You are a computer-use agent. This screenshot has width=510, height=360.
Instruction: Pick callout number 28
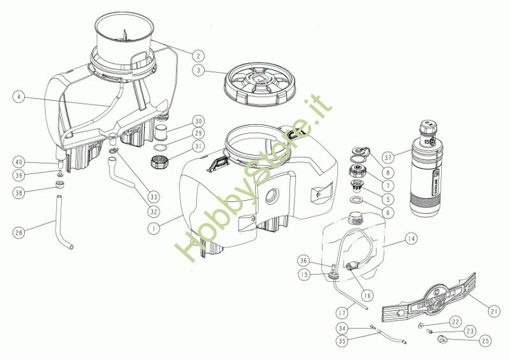tap(18, 233)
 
